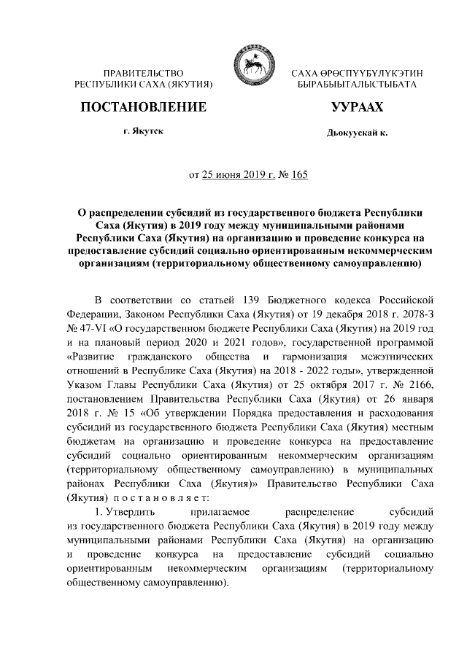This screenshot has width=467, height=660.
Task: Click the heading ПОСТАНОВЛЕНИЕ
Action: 142,107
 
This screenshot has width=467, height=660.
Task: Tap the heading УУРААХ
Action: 357,107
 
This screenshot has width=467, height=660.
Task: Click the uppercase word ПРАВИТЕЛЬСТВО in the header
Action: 143,74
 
